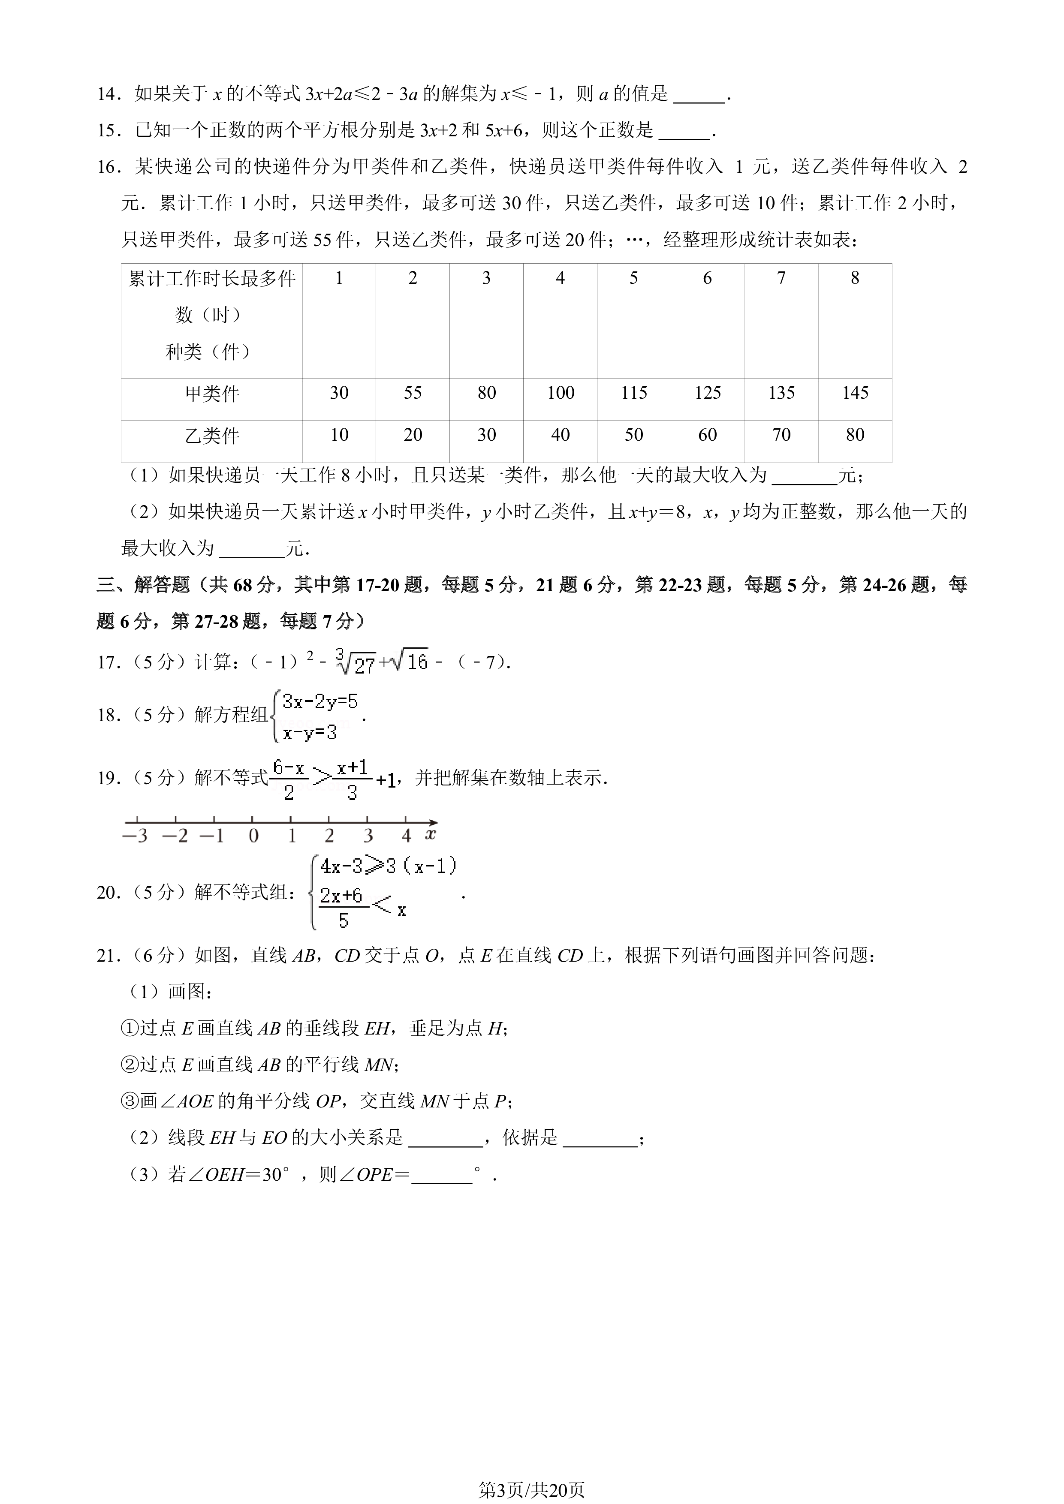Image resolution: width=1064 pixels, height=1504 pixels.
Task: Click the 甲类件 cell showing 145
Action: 855,393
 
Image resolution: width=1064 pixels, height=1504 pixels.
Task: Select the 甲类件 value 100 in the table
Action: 560,393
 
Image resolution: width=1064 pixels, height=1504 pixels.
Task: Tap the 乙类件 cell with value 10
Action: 339,435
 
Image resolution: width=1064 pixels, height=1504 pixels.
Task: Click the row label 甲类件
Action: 211,394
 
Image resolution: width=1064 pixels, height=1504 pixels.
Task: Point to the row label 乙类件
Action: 211,436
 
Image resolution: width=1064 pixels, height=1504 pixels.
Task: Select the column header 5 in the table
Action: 633,278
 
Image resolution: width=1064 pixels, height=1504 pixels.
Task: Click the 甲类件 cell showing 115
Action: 633,393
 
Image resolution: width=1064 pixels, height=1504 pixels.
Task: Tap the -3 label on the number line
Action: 135,836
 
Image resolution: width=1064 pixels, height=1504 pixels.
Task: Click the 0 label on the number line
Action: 253,836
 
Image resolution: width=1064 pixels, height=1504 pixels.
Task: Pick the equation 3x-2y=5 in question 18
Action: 320,702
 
